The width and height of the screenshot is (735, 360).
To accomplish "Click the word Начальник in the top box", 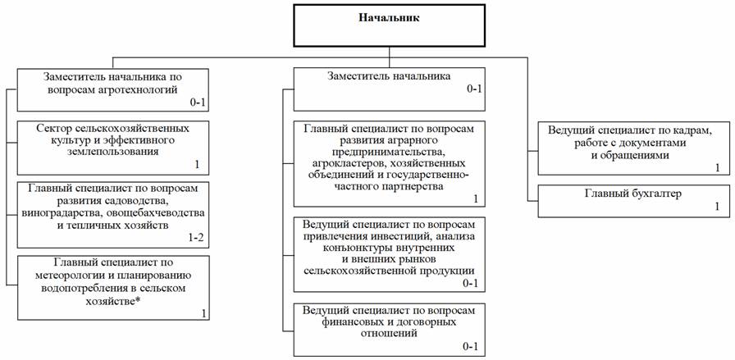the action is pyautogui.click(x=389, y=18).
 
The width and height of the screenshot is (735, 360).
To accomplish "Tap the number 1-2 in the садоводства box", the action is pyautogui.click(x=194, y=239).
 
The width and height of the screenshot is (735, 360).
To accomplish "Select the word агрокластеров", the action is pyautogui.click(x=340, y=162).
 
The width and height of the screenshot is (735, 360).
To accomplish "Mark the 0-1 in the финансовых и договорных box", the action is pyautogui.click(x=470, y=347).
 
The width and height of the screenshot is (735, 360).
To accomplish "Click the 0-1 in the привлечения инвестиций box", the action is pyautogui.click(x=470, y=283).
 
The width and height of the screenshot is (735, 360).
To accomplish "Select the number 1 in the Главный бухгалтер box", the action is pyautogui.click(x=717, y=207).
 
